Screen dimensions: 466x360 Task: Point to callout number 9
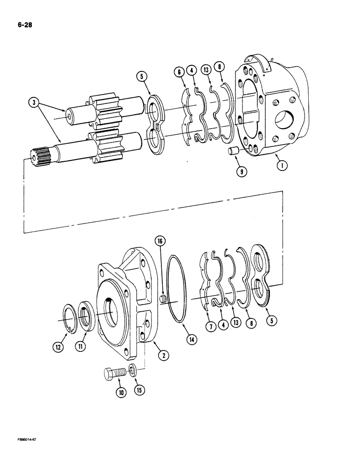coord(241,171)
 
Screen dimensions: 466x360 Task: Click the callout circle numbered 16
coord(160,241)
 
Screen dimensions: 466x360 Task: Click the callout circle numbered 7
coord(211,327)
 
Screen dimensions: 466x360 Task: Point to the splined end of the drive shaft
coord(41,155)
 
